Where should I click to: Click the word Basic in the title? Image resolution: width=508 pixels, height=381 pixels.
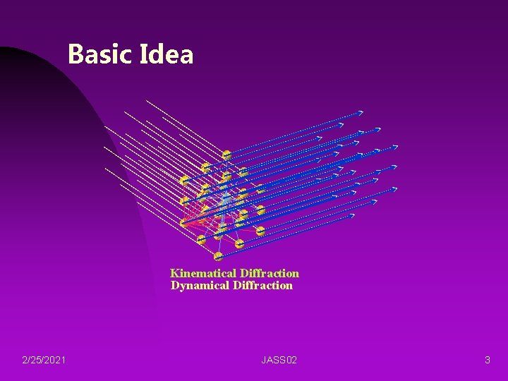pyautogui.click(x=99, y=54)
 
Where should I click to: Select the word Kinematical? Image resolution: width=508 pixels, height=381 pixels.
pyautogui.click(x=203, y=273)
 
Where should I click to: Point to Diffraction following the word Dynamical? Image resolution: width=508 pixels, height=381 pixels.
pyautogui.click(x=262, y=285)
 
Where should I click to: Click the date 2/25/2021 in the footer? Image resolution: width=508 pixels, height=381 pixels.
pyautogui.click(x=44, y=361)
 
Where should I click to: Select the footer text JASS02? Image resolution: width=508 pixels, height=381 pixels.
pyautogui.click(x=279, y=361)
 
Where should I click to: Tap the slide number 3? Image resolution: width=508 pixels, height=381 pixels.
pyautogui.click(x=487, y=361)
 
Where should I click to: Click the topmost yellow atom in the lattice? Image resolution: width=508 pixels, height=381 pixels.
pyautogui.click(x=226, y=155)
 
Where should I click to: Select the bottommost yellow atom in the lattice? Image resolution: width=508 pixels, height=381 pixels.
pyautogui.click(x=218, y=255)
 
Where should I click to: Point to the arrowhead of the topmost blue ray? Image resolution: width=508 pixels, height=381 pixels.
pyautogui.click(x=361, y=112)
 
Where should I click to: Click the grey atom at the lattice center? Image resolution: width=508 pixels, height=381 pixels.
pyautogui.click(x=225, y=201)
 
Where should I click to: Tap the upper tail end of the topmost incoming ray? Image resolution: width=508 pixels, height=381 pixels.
pyautogui.click(x=147, y=101)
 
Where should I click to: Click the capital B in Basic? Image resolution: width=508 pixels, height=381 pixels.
pyautogui.click(x=75, y=54)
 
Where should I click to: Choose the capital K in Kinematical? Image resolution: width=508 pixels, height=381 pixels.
pyautogui.click(x=174, y=273)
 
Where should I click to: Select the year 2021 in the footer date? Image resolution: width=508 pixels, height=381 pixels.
pyautogui.click(x=56, y=361)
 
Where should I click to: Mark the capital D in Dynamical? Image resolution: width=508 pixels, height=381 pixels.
pyautogui.click(x=175, y=285)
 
